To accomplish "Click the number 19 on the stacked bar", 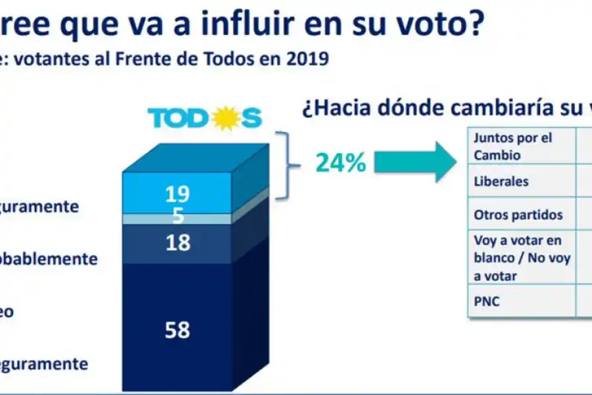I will click(178, 194).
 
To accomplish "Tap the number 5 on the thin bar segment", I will click(178, 215).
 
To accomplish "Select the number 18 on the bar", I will click(178, 242).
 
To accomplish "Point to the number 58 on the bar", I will click(178, 329).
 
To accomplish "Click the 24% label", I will click(341, 163).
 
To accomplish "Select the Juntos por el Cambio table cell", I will click(514, 146).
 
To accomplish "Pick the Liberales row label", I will click(501, 181).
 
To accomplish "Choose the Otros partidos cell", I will click(518, 215).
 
